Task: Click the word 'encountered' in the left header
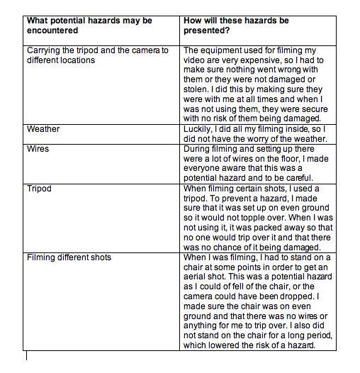coord(53,31)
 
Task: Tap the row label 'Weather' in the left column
coord(43,129)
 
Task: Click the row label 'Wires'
coord(38,150)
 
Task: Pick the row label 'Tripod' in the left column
coord(40,189)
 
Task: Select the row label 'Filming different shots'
coord(69,257)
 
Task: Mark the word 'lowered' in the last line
coord(228,347)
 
